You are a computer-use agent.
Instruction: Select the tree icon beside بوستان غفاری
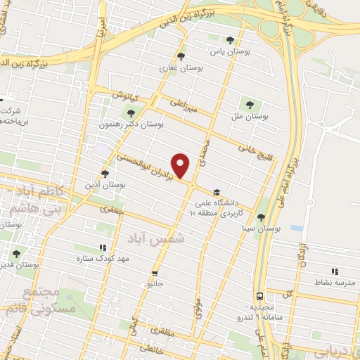tap(181, 57)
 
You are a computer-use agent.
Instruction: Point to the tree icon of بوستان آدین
tap(105, 173)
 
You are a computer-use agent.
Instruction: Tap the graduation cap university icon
tap(217, 192)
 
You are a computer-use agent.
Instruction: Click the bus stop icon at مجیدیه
tap(260, 296)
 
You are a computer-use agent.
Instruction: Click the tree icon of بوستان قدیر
tap(15, 254)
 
